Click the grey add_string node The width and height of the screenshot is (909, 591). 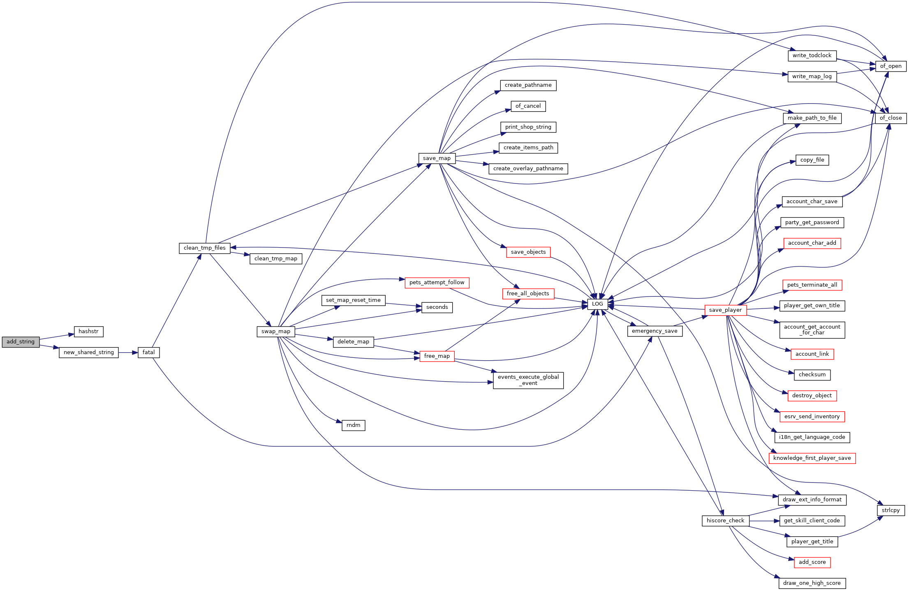click(x=21, y=342)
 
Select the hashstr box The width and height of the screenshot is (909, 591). click(x=88, y=331)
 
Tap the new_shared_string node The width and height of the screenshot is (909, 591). click(x=89, y=352)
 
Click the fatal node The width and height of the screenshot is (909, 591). click(x=148, y=352)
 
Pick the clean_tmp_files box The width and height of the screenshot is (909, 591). click(x=205, y=248)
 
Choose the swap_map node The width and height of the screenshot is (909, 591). click(x=276, y=331)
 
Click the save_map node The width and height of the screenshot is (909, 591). click(x=437, y=158)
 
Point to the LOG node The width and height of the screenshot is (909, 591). click(x=597, y=304)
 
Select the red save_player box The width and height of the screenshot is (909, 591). click(x=725, y=310)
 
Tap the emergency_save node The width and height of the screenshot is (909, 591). click(x=655, y=331)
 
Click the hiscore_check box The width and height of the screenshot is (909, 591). click(x=725, y=521)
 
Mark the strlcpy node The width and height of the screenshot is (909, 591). click(x=890, y=510)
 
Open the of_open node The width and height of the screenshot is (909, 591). click(x=890, y=66)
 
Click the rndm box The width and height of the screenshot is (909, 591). click(x=353, y=425)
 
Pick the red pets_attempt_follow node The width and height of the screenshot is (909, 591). click(x=437, y=283)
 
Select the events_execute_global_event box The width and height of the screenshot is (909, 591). click(x=528, y=380)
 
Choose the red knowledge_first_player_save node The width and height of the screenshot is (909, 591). click(x=812, y=458)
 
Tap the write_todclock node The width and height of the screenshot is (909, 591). click(x=812, y=56)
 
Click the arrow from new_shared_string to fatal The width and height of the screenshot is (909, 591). click(x=128, y=352)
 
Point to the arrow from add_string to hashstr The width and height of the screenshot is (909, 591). click(x=57, y=337)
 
